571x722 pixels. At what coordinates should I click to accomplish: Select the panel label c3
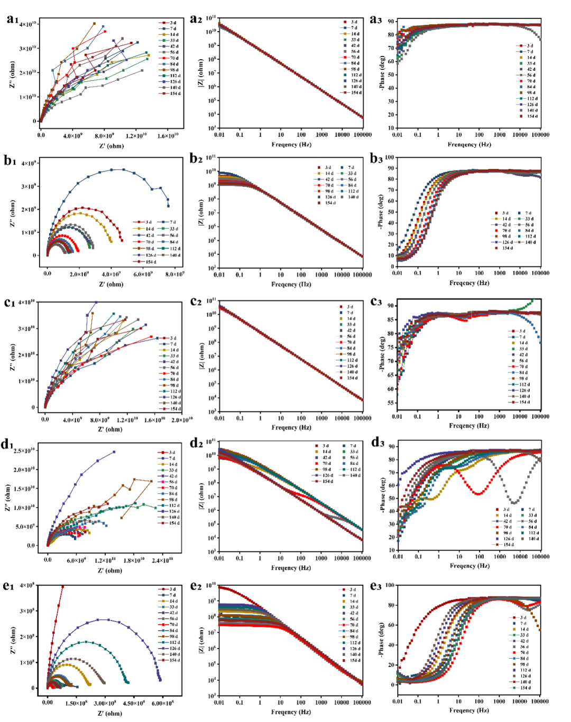pos(376,302)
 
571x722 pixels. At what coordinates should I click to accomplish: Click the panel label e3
pos(376,586)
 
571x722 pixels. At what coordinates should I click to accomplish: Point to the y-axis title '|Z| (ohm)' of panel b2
pos(201,212)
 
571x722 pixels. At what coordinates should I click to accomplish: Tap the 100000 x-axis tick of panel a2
pos(362,135)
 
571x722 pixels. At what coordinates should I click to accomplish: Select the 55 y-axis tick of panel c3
pos(391,403)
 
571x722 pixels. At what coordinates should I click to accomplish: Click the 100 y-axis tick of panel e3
pos(390,585)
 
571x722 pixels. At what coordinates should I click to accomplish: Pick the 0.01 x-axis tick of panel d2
pos(219,558)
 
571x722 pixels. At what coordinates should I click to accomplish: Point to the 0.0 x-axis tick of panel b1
pos(48,274)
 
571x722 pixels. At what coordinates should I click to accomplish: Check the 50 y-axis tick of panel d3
pos(391,498)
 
